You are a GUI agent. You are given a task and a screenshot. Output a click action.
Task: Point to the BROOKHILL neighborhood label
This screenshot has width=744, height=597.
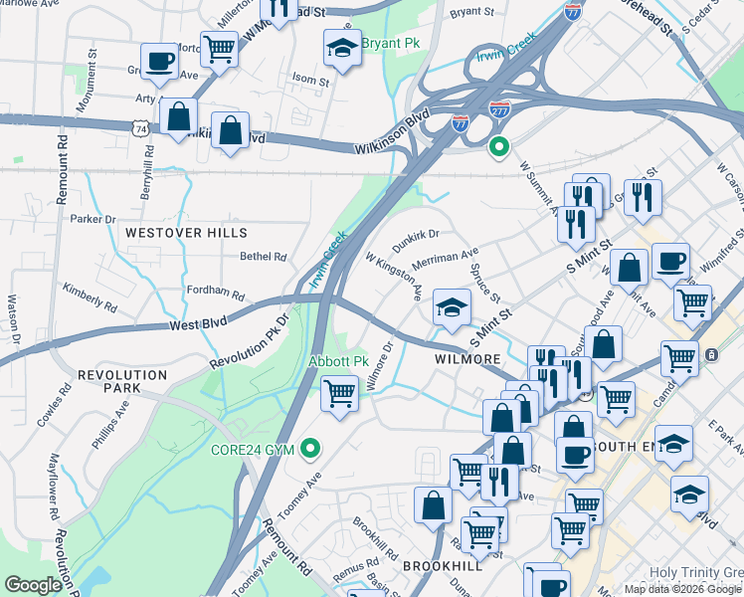pos(443,564)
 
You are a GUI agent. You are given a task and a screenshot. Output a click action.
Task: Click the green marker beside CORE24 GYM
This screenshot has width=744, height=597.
pos(311,450)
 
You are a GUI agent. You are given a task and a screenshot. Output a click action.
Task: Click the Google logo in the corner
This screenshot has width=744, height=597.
pos(34,585)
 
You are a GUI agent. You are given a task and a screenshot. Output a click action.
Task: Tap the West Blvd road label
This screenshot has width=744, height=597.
pos(198,324)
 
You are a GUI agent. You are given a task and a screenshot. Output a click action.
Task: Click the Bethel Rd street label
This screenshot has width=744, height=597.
pos(263,256)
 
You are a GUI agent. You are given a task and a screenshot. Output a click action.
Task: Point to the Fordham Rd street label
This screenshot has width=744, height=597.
pos(215,294)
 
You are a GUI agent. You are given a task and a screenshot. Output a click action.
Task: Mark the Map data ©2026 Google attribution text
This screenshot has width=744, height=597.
pos(682,588)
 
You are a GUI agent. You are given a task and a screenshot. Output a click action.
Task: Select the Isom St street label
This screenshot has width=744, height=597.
pos(310,80)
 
